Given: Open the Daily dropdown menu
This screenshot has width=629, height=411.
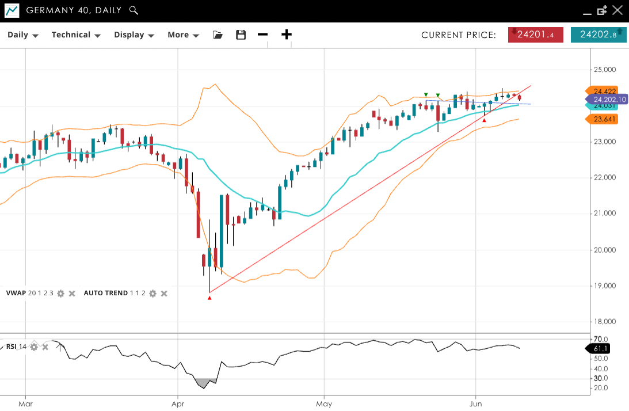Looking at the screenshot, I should [x=22, y=35].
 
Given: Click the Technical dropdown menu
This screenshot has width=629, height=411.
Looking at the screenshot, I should [x=76, y=35].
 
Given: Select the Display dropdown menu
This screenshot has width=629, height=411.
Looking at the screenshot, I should [x=134, y=35].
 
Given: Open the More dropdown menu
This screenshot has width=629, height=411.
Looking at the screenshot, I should [x=183, y=35].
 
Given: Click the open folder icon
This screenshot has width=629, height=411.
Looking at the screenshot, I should [x=218, y=35].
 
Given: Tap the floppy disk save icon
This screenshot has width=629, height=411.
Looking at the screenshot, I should [x=241, y=35].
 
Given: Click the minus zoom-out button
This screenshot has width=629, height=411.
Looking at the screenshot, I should [x=262, y=35].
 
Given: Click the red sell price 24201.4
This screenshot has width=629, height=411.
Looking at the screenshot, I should [x=535, y=35].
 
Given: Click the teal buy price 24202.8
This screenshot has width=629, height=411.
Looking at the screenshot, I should [x=598, y=35].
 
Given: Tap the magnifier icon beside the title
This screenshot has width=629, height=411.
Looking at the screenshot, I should [x=134, y=10].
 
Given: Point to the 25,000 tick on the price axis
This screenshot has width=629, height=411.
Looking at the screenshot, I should [x=605, y=70].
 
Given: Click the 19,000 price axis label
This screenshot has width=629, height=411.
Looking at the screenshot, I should [x=605, y=286].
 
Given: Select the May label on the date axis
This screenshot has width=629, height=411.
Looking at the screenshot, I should [x=324, y=404].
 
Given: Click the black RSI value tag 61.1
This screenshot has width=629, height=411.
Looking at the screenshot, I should [x=599, y=348].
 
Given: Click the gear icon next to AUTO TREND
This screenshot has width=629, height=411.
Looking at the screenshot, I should [x=153, y=294].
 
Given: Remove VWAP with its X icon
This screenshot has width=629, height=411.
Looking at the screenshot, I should [x=72, y=294].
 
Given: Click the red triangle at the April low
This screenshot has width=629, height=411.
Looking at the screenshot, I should [x=209, y=298].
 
